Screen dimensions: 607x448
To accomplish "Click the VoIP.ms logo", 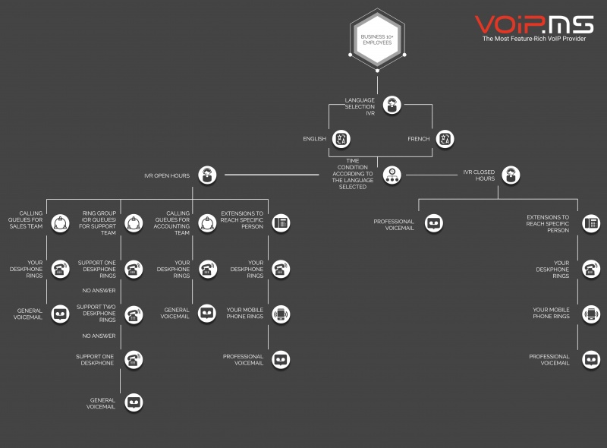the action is coord(534,25).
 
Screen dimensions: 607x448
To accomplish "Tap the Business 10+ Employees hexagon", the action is coord(377,39).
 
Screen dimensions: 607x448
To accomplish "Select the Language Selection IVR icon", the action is coord(392,106).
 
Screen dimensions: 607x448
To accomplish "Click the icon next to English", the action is coord(341,139).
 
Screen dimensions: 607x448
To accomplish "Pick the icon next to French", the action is coord(445,139).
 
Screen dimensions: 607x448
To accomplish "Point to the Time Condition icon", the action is coord(392,175).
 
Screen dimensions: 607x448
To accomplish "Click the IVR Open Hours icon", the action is coord(207,175).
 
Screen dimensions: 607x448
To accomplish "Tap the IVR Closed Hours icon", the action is coord(511,175).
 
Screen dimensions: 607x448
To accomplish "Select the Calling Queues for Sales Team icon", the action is coord(61,223).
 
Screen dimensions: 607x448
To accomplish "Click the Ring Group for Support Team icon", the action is coord(134,223).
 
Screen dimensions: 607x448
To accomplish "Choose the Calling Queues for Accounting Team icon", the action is coord(207,223).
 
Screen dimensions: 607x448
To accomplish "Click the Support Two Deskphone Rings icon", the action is coord(134,314).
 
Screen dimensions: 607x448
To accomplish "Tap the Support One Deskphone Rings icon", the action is coord(134,269).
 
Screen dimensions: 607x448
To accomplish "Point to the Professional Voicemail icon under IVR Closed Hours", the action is coord(433,223).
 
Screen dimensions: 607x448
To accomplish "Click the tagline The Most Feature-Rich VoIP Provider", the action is coord(534,39).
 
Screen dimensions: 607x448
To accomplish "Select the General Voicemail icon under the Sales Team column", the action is coord(61,314).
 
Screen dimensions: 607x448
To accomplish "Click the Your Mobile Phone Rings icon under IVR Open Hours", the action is coord(281,314).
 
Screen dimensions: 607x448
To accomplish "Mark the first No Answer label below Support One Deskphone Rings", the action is coord(99,290).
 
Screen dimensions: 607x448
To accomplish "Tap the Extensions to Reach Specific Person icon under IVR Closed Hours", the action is coord(591,223).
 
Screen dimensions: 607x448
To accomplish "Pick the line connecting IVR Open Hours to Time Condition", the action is coord(272,175).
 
